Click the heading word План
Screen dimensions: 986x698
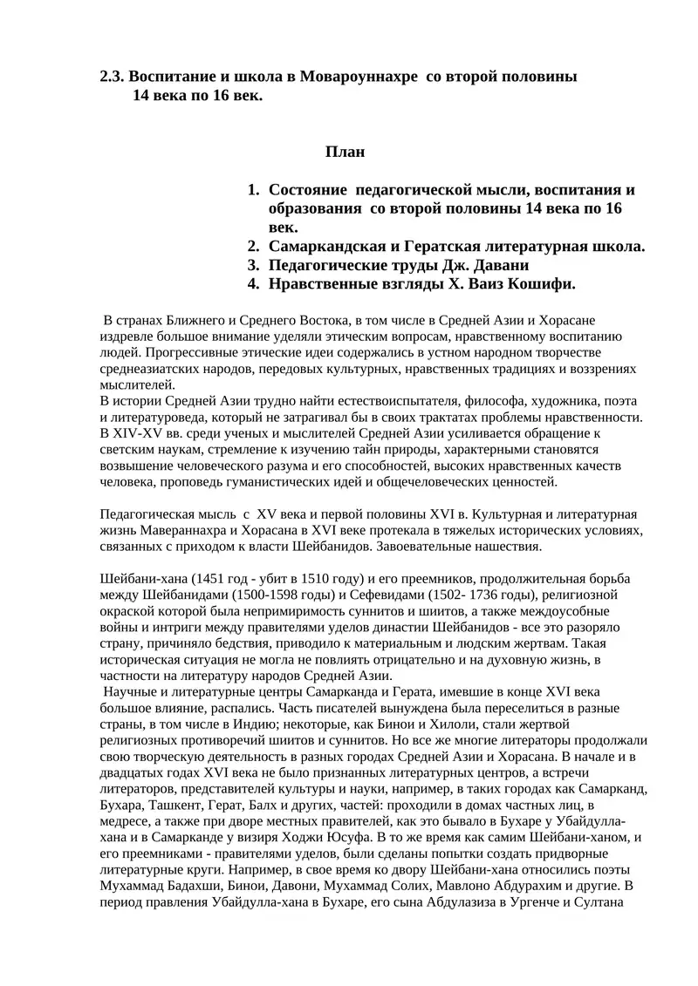345,152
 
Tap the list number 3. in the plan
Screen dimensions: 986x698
254,265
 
